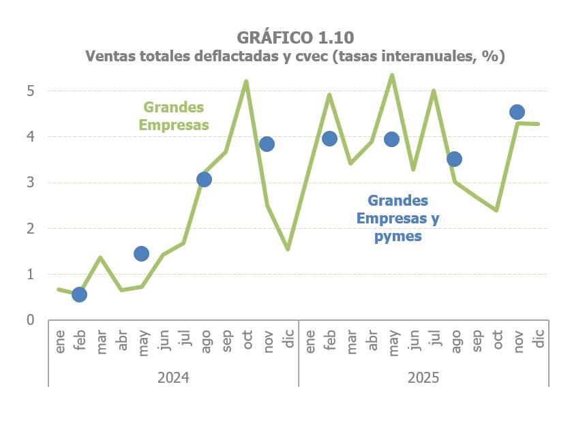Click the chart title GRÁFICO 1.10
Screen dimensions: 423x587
[295, 37]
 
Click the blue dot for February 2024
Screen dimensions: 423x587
[79, 294]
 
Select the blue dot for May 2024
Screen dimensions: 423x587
[141, 253]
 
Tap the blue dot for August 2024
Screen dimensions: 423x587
[204, 179]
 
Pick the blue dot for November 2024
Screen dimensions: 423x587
[267, 144]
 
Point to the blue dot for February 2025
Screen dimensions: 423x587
[329, 139]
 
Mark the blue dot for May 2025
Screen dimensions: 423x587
[391, 139]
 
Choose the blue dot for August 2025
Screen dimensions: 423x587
[454, 159]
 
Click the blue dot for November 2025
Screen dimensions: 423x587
[517, 112]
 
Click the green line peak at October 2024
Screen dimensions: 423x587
[246, 81]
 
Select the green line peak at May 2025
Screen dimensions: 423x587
[392, 75]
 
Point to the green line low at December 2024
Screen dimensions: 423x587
[288, 249]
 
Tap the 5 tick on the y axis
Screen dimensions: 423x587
[31, 91]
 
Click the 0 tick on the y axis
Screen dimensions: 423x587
[31, 320]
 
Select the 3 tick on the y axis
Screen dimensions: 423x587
[31, 183]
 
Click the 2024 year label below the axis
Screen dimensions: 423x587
[173, 377]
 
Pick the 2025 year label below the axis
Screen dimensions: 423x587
[423, 377]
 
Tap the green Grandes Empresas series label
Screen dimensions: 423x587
[173, 116]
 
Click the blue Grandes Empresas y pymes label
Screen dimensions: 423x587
[398, 219]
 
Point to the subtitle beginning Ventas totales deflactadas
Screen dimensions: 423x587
[295, 57]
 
